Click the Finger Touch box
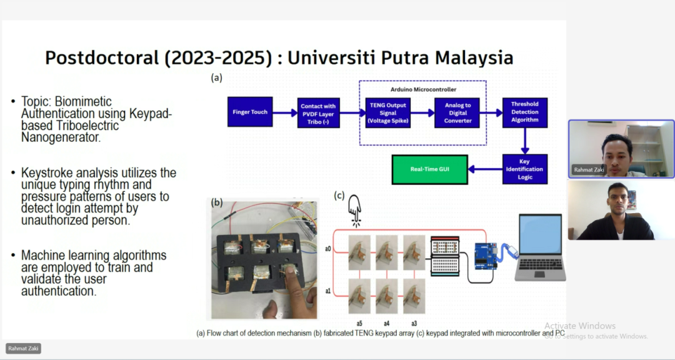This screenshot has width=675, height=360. (x=250, y=112)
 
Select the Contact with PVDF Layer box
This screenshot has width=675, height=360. (x=319, y=113)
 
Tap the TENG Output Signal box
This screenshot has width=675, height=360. (x=388, y=113)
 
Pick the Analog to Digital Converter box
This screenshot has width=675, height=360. (x=457, y=113)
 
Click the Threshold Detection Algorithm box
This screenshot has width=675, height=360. (x=525, y=112)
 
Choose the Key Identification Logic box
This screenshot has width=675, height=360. (x=525, y=169)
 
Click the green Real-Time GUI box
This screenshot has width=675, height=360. (x=429, y=169)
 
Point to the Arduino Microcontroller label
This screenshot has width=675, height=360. (x=423, y=89)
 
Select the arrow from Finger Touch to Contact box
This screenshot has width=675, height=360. (x=285, y=113)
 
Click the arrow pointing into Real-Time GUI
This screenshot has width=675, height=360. (x=485, y=169)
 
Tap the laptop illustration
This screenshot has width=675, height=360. (x=540, y=247)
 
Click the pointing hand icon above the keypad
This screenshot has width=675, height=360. (x=355, y=211)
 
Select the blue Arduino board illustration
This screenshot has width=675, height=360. (x=486, y=256)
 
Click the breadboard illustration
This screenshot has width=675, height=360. (x=445, y=256)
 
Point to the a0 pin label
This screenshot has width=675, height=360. (x=328, y=249)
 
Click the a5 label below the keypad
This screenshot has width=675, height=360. (x=359, y=323)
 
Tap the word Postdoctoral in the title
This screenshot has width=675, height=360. (x=102, y=57)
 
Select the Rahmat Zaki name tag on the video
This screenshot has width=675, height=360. (x=589, y=169)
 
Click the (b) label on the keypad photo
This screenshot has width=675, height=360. (x=216, y=202)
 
